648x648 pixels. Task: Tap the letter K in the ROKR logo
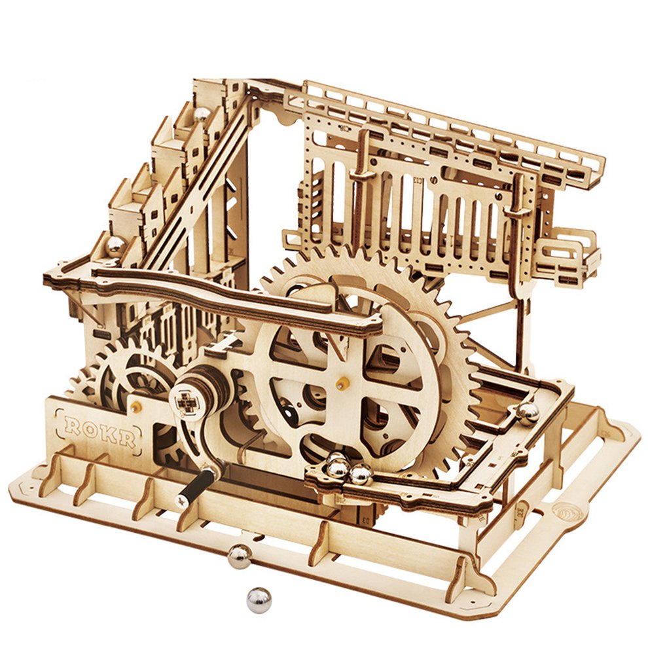[107, 435]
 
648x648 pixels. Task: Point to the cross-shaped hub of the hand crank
[186, 398]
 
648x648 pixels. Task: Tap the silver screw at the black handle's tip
[180, 502]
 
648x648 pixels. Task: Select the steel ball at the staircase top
[201, 114]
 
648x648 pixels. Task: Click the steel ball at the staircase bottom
[116, 245]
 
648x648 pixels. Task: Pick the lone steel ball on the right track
[527, 411]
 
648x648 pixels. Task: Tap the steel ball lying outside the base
[258, 599]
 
